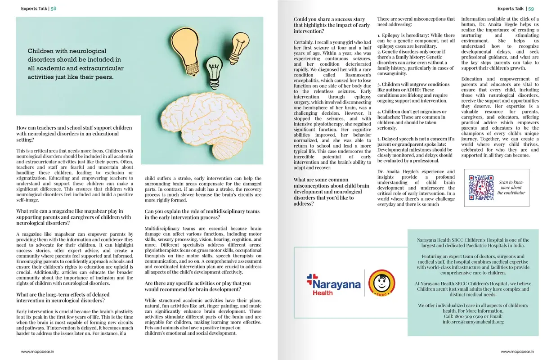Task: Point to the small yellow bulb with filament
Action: click(x=239, y=45)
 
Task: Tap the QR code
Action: click(x=481, y=188)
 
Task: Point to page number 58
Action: click(x=53, y=9)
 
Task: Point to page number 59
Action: click(x=531, y=9)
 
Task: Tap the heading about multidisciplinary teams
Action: click(x=202, y=214)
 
